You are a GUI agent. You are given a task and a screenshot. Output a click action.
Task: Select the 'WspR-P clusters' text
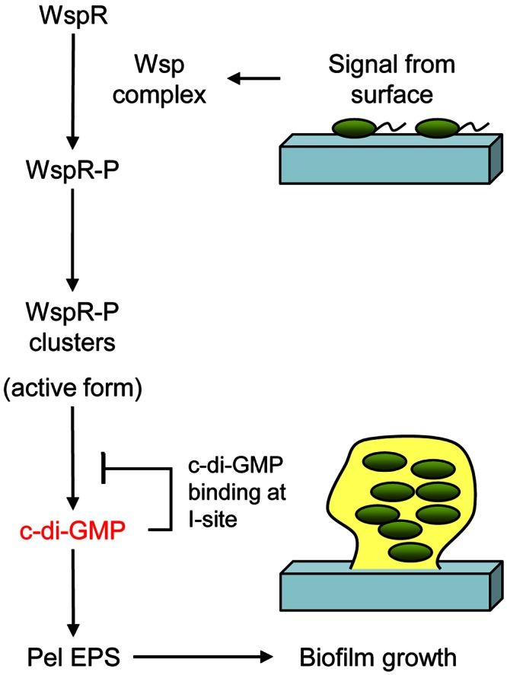click(70, 326)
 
